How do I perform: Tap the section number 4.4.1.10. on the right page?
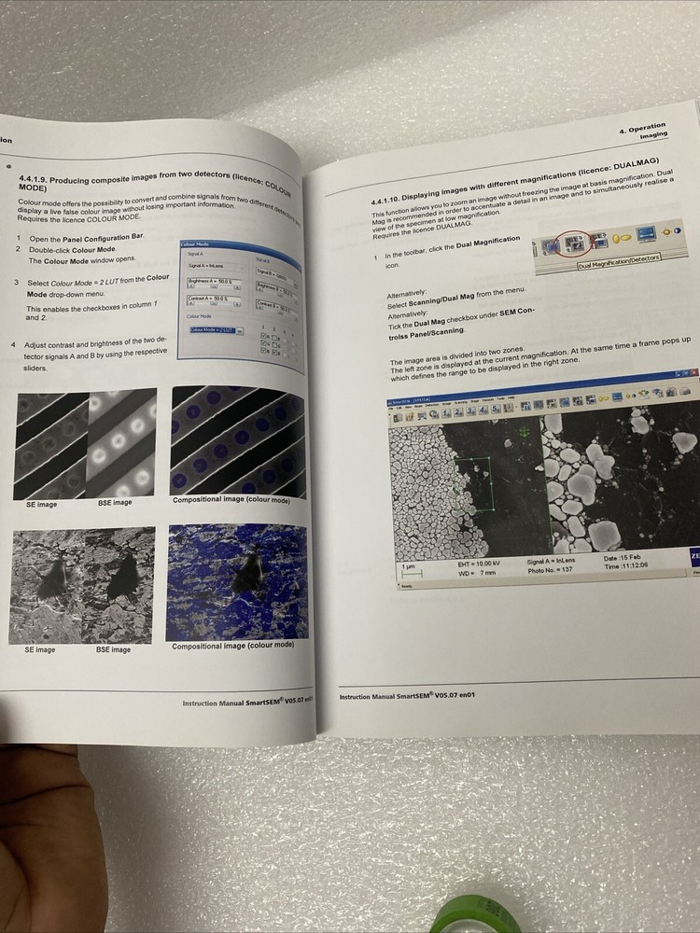pos(389,201)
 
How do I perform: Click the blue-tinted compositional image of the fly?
pos(236,582)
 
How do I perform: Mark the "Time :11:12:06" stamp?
pos(626,566)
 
